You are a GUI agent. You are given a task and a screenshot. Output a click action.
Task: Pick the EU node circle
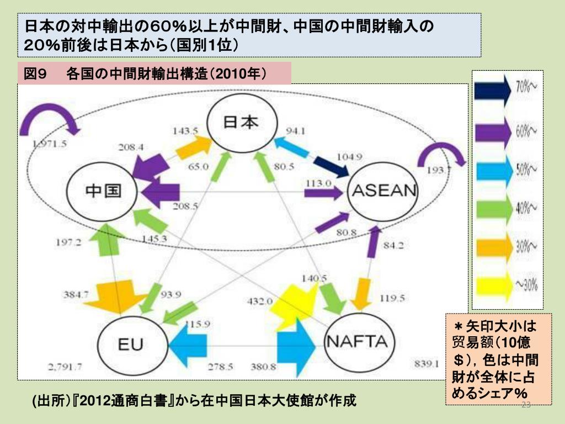point(131,344)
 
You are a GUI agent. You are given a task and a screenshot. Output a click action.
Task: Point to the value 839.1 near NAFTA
point(426,363)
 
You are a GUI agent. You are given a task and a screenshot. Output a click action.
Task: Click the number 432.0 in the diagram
point(259,301)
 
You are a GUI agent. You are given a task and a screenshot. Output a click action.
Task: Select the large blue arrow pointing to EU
point(188,347)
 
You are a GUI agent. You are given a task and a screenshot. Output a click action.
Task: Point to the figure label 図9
point(38,73)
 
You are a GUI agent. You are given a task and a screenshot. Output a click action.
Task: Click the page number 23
point(525,406)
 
